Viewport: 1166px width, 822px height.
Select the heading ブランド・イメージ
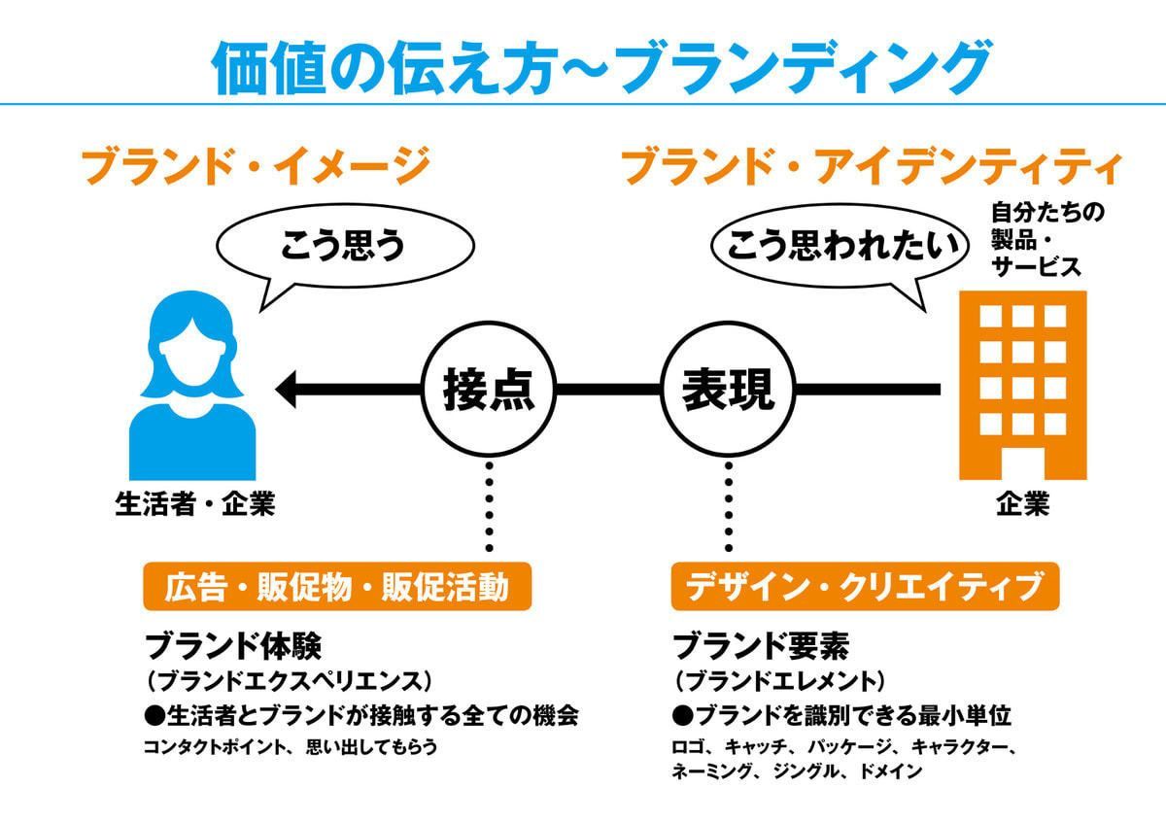click(255, 165)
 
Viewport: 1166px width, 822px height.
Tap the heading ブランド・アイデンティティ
click(872, 165)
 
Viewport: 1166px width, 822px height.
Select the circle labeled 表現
click(728, 390)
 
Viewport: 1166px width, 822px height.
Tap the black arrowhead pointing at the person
click(288, 390)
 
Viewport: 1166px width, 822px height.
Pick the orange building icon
click(1021, 384)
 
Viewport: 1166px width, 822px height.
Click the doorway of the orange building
click(1021, 462)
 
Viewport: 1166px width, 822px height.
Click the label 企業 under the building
click(1022, 505)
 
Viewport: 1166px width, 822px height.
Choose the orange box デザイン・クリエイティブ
click(865, 587)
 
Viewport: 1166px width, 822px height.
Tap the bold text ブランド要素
click(761, 646)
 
